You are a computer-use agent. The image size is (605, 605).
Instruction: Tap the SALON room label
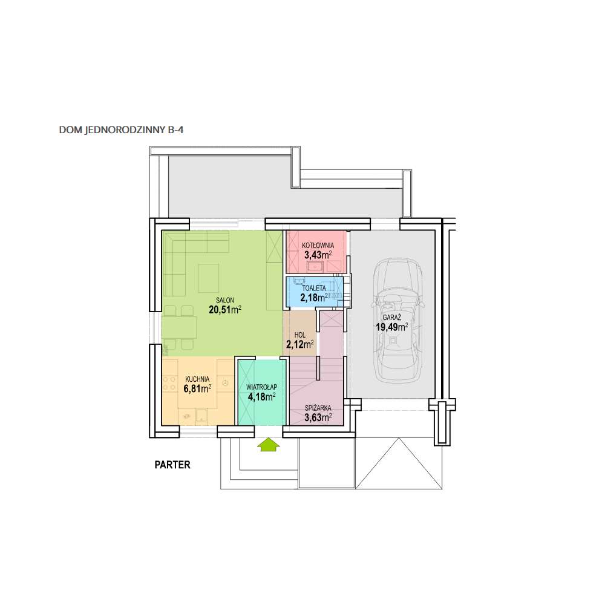coord(225,300)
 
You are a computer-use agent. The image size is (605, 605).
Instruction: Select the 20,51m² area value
coord(225,309)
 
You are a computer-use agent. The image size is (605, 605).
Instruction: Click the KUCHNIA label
coord(197,379)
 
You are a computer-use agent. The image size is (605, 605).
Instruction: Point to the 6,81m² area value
coord(197,388)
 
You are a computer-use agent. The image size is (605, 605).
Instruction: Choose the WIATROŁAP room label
coord(261,387)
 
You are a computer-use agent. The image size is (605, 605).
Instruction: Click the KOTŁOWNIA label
coord(318,246)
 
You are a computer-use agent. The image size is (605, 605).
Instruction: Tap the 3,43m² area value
coord(318,255)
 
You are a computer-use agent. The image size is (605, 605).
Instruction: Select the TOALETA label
coord(313,288)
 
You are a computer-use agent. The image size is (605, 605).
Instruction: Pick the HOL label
coord(300,335)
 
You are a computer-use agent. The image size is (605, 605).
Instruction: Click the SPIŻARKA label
coord(318,408)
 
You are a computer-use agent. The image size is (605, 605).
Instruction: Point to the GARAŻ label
coord(392,318)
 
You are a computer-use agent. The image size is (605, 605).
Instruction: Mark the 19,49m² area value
coord(392,327)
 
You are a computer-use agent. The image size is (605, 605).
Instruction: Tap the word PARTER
coord(172,465)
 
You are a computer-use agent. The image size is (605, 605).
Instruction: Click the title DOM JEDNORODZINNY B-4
coord(121,130)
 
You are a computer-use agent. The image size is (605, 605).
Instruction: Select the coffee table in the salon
coord(209,278)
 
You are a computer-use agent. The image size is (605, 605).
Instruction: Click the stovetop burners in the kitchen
coord(169,384)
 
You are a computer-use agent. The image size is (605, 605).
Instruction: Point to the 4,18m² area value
coord(261,396)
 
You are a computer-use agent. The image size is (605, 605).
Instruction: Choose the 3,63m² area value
coord(318,417)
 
